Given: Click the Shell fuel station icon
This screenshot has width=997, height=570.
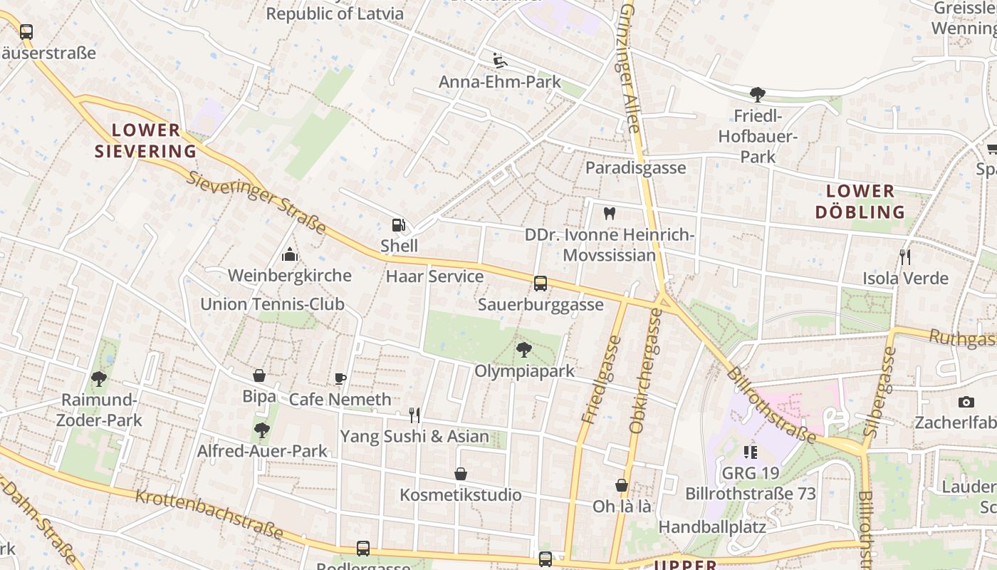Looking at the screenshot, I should pos(398,226).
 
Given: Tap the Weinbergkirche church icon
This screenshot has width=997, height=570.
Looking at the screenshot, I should pos(290,254).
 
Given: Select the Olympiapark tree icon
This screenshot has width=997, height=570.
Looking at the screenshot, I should pos(524,350).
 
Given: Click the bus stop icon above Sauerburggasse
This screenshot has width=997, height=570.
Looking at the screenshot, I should pos(541,284).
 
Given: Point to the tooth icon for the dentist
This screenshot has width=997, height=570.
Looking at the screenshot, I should pos(609,213).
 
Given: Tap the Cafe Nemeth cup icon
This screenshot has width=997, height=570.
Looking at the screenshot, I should pos(340,378).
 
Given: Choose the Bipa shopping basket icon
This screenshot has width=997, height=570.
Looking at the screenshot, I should pos(259,375).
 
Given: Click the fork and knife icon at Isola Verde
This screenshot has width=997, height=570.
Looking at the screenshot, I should pos(905,257).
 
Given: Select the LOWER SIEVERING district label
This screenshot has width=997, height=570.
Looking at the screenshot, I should pos(146,140).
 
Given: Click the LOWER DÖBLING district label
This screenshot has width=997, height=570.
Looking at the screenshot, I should pos(860,202).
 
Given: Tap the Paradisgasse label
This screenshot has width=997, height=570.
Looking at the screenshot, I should pos(635,168).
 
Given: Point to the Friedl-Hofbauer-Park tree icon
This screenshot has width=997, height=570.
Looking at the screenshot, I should pos(758,94).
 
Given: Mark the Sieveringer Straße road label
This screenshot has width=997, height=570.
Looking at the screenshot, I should pos(256,203).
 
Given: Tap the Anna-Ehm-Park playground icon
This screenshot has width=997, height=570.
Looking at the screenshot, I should pos(500,61).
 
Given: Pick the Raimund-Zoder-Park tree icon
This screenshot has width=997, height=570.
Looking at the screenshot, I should pos(99,379).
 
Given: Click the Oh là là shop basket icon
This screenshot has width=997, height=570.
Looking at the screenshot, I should pos(622,485).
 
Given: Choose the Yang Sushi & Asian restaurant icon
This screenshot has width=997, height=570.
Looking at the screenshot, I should pos(414,415).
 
